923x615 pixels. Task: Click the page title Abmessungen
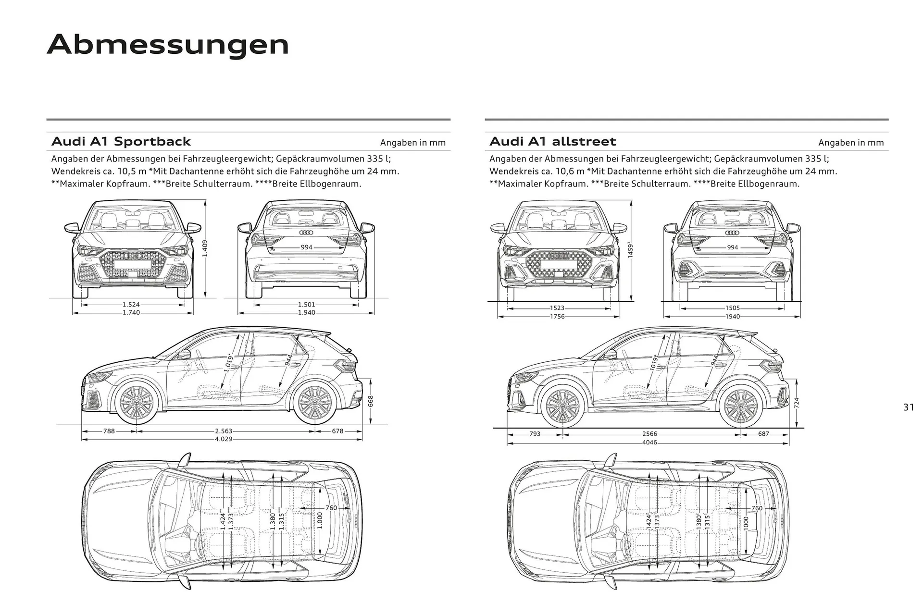click(168, 45)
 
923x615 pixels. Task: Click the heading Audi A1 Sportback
click(121, 142)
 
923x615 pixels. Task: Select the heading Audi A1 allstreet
click(552, 142)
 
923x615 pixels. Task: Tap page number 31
click(908, 407)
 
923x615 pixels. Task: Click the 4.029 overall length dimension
click(224, 439)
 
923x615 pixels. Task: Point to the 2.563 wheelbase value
click(224, 431)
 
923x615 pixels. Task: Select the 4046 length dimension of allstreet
click(649, 443)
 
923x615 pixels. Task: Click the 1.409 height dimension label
click(205, 248)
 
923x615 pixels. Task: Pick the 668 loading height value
click(371, 401)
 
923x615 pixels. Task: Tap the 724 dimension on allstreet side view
click(797, 403)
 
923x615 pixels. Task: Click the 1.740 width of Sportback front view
click(131, 313)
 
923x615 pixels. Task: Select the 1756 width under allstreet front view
click(558, 317)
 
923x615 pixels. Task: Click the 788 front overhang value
click(109, 431)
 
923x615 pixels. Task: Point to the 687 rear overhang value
click(763, 434)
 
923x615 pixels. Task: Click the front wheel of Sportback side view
click(137, 403)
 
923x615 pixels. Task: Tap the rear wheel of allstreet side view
click(740, 406)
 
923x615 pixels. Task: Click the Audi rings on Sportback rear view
click(306, 233)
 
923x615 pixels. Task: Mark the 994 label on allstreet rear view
click(733, 247)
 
